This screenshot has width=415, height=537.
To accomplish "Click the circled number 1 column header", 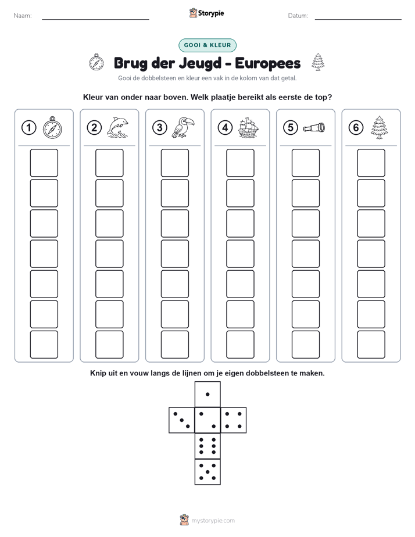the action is tap(28, 128).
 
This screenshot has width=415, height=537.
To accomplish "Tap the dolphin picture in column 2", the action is tap(117, 127).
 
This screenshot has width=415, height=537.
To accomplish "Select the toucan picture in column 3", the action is tap(183, 127).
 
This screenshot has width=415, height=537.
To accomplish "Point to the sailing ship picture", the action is tap(248, 127).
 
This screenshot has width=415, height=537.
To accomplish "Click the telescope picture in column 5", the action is tap(314, 128).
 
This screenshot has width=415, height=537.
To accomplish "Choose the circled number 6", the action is tap(356, 128).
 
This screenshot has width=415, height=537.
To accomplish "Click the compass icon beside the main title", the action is tap(96, 62).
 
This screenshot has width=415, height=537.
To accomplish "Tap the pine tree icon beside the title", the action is tap(318, 62).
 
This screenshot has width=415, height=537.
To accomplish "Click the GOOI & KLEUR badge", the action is tap(208, 45).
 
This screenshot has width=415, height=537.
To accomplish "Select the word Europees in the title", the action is tap(267, 63).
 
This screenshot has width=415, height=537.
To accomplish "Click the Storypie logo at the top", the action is tap(206, 13).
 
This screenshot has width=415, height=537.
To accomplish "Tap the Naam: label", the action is tap(23, 16).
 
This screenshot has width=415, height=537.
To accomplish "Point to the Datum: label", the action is tap(298, 16).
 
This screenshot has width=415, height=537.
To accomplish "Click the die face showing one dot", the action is tap(208, 394).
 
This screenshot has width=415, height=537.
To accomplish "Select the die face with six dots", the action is tap(208, 446).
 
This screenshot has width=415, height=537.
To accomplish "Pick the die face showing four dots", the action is tap(234, 420).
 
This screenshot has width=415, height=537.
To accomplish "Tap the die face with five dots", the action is tap(208, 472).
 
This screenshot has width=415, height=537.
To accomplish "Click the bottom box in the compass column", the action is tap(44, 345).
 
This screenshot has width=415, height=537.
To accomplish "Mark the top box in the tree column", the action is tap(371, 163).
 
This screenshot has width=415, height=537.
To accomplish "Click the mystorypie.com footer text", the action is tap(213, 521).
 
